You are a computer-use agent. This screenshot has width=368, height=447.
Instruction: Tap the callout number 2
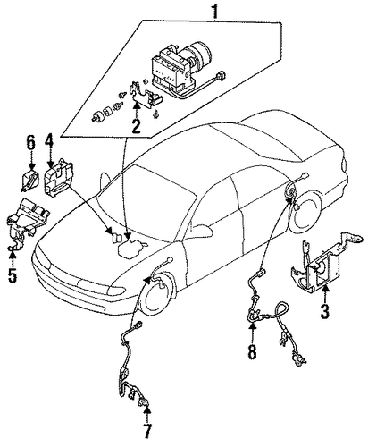tap(136, 126)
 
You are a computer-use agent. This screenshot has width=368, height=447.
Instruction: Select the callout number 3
tap(324, 311)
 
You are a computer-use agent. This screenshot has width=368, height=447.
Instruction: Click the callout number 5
tap(13, 275)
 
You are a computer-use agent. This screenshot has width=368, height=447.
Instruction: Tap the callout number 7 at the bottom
tap(147, 431)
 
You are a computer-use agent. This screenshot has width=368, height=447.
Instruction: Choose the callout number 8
tap(252, 351)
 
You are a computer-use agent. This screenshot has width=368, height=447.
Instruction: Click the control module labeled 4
tap(59, 178)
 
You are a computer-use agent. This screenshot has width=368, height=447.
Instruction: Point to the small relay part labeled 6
tap(29, 180)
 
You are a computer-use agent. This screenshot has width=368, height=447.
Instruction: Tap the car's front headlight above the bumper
tap(115, 291)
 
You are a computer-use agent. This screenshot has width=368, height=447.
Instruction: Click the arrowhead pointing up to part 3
tap(324, 289)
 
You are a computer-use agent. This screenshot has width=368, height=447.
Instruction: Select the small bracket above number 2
tap(145, 96)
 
